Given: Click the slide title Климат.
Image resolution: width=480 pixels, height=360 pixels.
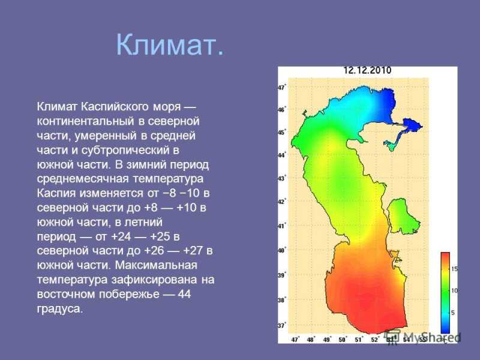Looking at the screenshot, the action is [170, 44].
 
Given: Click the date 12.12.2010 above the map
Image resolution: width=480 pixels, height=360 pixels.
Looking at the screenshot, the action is [367, 70].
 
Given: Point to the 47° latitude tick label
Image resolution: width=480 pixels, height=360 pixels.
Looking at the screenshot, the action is [282, 87].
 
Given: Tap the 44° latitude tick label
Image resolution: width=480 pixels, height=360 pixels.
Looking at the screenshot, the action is [282, 155].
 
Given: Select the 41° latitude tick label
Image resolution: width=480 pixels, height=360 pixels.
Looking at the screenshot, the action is [282, 226].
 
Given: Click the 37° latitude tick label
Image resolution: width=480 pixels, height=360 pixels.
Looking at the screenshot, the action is [282, 325].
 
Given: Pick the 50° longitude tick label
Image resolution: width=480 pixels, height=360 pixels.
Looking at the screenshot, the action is [342, 340].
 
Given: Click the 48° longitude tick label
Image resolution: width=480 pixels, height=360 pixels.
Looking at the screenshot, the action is [310, 340].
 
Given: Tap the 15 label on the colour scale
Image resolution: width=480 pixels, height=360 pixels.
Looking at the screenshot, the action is [454, 269].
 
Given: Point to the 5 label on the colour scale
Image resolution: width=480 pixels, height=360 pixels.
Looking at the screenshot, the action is [453, 313].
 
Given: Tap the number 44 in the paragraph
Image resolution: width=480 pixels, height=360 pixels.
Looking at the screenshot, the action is [184, 294].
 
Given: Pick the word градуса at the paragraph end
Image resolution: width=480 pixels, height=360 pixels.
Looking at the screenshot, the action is [60, 309].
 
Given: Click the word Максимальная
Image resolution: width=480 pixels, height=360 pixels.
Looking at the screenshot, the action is [156, 265].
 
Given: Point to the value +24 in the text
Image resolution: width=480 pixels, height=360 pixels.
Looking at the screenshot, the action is [121, 236].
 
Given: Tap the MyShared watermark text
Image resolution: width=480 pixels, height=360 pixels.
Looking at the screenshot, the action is [431, 338].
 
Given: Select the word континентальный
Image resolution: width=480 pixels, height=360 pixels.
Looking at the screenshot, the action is [85, 121].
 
